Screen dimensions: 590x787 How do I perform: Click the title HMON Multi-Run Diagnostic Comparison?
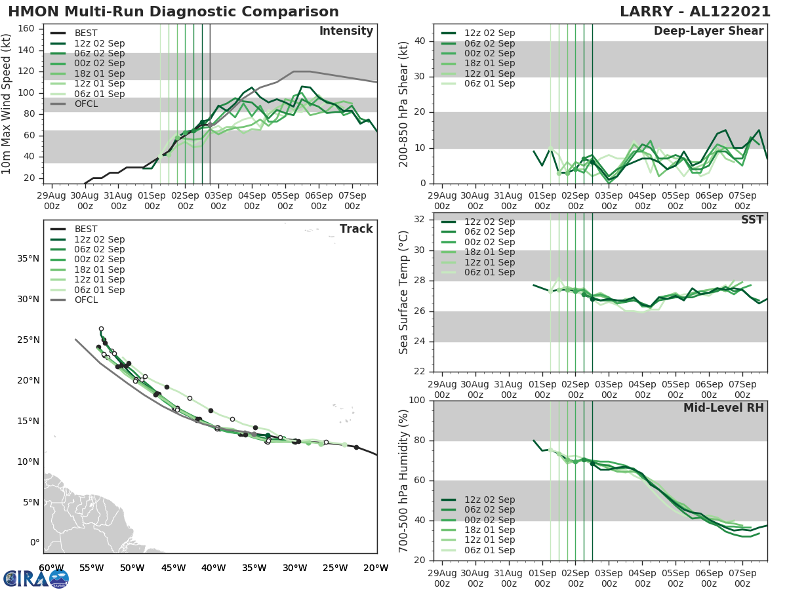[x=174, y=12]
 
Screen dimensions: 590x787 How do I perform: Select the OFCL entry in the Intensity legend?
[x=87, y=104]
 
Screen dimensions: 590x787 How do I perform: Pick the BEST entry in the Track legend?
[x=87, y=229]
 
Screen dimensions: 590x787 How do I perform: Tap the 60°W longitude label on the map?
[x=51, y=568]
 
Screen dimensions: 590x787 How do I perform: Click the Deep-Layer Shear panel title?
[x=708, y=31]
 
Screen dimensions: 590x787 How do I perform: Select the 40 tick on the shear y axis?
[x=422, y=41]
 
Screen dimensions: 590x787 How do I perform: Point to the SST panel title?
[x=752, y=220]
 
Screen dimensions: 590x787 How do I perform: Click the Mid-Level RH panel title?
[x=723, y=408]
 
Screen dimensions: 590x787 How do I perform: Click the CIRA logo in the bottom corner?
[x=35, y=578]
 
